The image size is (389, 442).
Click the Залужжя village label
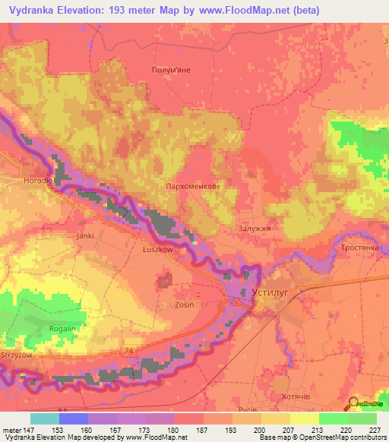(254, 227)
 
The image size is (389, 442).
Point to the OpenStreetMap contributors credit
(346, 437)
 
